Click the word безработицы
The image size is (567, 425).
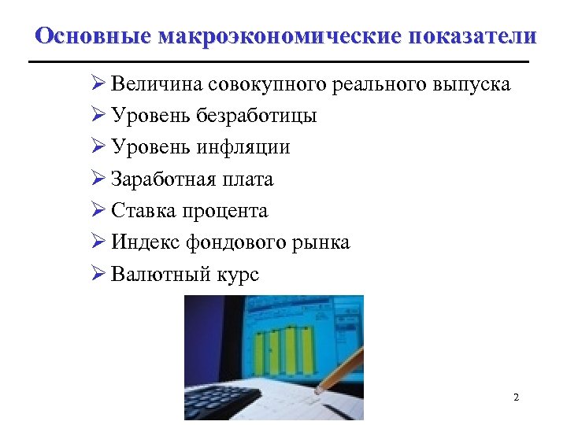click(259, 116)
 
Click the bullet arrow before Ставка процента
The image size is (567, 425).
click(98, 211)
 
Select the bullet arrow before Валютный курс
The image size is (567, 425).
click(98, 275)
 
